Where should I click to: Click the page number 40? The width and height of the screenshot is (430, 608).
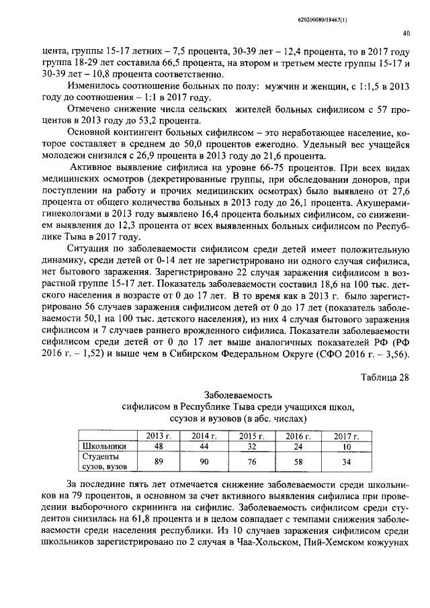coord(406,32)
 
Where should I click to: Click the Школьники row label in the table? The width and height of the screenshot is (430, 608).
coord(99,446)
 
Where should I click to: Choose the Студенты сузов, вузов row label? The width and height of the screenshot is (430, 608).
coord(99,462)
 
